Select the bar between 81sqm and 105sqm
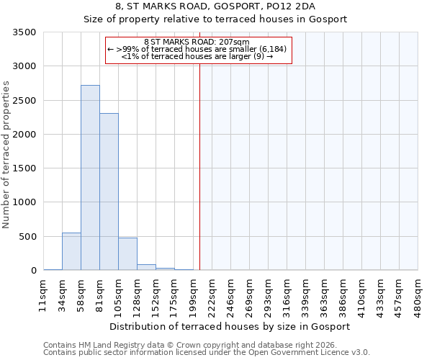click(109, 192)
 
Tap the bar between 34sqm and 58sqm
click(71, 251)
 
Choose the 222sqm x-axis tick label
click(212, 294)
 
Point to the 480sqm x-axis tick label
click(418, 294)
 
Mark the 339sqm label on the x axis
click(305, 294)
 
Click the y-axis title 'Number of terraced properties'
click(6, 155)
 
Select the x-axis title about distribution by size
click(230, 326)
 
